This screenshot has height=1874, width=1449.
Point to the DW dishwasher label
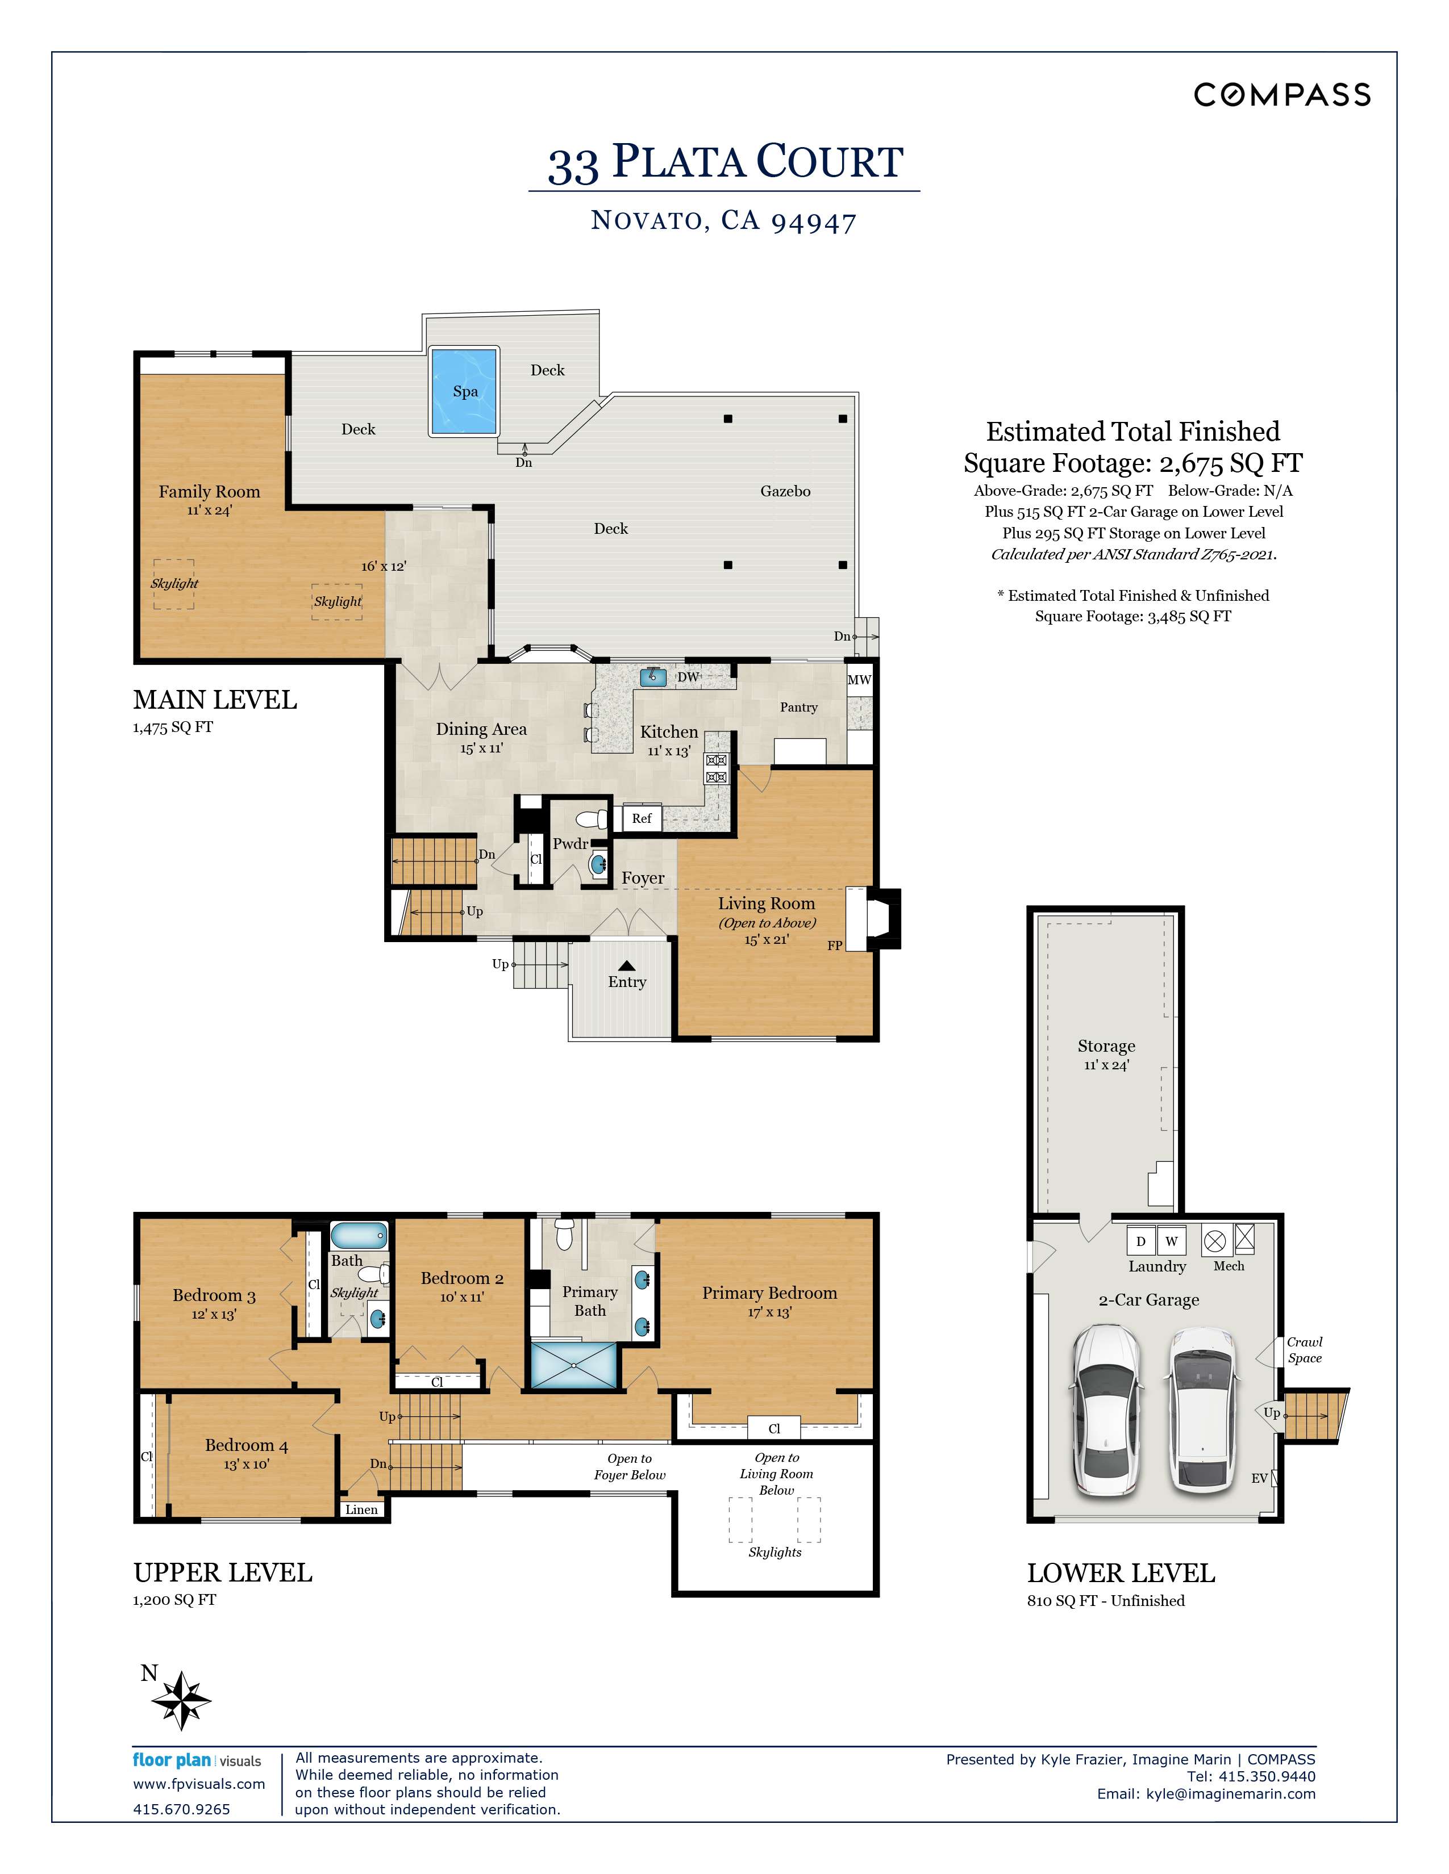[689, 677]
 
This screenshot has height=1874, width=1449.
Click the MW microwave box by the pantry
[859, 680]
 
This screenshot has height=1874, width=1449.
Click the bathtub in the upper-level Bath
[359, 1236]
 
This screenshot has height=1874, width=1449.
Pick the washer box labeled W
[1171, 1241]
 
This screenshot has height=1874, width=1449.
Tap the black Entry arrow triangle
[627, 966]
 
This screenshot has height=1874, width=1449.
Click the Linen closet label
[361, 1509]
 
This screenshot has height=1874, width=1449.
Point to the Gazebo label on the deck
[785, 492]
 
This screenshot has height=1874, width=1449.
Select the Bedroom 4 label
[247, 1445]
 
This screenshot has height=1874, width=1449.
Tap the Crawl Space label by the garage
[1304, 1350]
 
